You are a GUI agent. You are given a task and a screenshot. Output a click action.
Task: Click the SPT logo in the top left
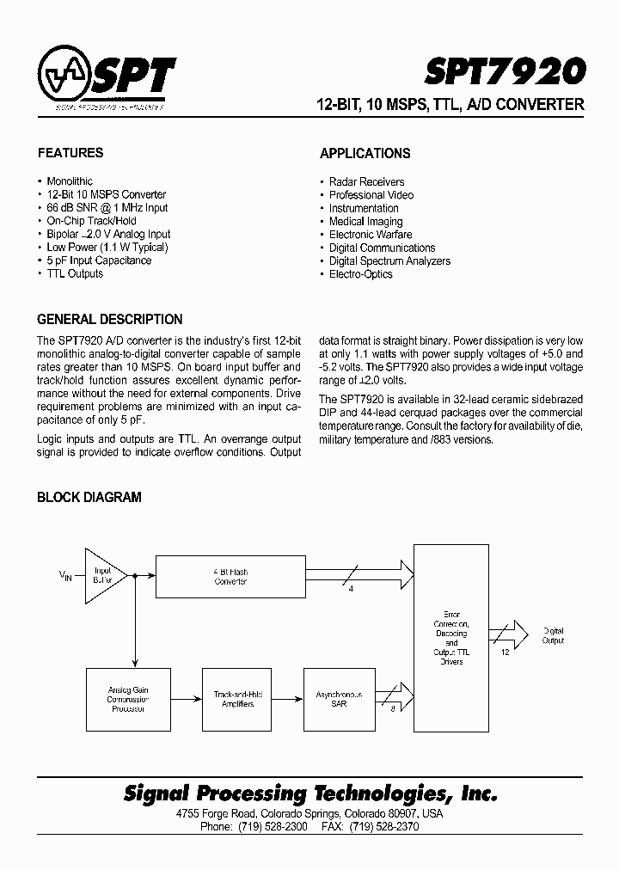pos(107,78)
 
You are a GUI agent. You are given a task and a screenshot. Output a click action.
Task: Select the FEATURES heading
pos(70,153)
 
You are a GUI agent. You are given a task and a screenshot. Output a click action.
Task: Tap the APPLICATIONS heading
pos(365,154)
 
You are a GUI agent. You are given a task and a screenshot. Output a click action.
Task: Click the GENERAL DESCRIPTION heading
pos(110,319)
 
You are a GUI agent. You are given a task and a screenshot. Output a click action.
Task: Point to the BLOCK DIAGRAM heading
pos(89,497)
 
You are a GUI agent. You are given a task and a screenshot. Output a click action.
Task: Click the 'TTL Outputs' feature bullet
pos(74,273)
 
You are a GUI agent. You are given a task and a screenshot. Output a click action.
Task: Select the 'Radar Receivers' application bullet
pos(366,182)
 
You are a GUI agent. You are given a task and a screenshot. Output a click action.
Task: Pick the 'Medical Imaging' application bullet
pos(365,222)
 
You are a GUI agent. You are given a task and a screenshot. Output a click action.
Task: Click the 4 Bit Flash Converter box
pos(230,576)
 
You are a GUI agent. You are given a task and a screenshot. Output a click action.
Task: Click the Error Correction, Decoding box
pos(451,638)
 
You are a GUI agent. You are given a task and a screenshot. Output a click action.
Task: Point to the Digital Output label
pos(553,635)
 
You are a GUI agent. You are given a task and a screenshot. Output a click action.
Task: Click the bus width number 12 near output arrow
pos(506,652)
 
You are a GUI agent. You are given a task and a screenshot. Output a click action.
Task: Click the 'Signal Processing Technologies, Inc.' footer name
pos(310,793)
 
